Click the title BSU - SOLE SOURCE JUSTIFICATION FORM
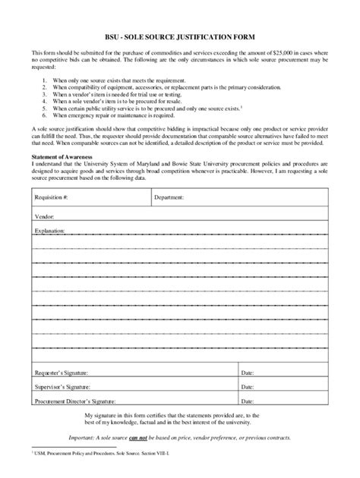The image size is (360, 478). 180,37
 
